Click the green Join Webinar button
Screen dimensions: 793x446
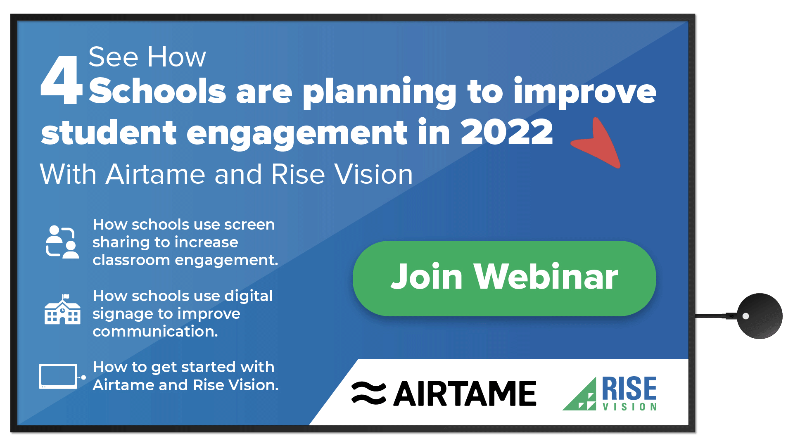coord(504,278)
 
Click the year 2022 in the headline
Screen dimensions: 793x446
coord(507,132)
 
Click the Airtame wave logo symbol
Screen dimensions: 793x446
coord(369,393)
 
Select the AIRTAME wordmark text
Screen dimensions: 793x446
coord(465,394)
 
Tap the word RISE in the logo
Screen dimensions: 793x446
coord(629,388)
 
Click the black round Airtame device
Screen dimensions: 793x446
coord(760,316)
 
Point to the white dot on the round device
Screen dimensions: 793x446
coord(746,316)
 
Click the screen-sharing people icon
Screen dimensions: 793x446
coord(62,242)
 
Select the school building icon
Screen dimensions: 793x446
coord(62,309)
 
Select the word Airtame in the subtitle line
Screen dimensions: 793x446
coord(155,174)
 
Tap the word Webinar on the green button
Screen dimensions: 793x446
coord(546,277)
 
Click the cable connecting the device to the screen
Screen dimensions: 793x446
coord(716,316)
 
